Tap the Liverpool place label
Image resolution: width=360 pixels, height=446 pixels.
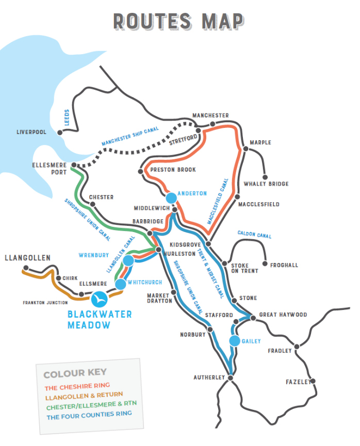(x=31, y=133)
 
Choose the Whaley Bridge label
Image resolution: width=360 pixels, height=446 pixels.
(x=266, y=184)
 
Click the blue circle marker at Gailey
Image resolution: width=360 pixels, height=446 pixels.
(x=235, y=341)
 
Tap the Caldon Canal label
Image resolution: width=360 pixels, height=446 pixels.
(x=254, y=235)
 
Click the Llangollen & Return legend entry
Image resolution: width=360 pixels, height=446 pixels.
(x=84, y=395)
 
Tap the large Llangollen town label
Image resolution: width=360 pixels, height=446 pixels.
(x=27, y=257)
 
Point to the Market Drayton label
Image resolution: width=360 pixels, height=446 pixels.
(x=159, y=298)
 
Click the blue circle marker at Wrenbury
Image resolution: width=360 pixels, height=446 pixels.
(x=128, y=261)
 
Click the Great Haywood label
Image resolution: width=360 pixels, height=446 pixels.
(x=283, y=315)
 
